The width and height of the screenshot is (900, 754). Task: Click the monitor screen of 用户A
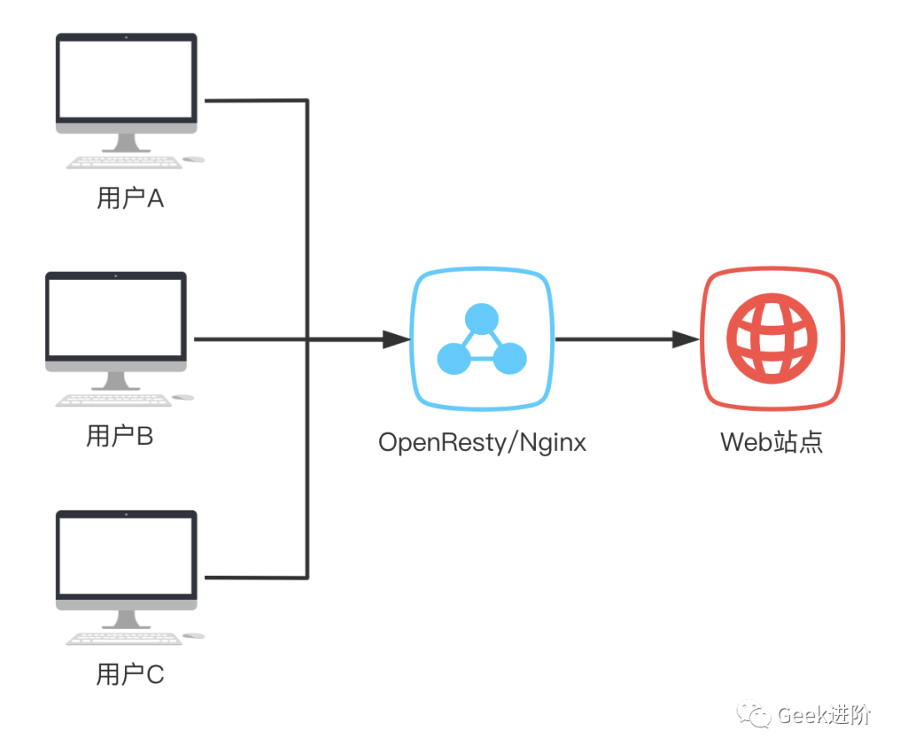click(126, 78)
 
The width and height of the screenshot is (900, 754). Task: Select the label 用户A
click(130, 198)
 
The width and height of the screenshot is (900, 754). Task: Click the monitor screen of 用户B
click(115, 317)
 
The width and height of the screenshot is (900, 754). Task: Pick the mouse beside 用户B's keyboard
click(182, 397)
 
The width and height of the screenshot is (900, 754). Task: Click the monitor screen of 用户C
click(126, 555)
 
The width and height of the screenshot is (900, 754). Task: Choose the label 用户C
click(130, 674)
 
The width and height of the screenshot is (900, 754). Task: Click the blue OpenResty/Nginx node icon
click(482, 340)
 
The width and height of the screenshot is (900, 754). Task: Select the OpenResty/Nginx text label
click(482, 442)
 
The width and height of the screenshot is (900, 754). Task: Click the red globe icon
click(772, 340)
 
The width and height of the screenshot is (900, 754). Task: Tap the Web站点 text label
click(772, 442)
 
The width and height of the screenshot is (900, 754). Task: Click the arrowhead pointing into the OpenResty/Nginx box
click(397, 340)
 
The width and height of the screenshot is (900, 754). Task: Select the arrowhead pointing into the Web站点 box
click(686, 340)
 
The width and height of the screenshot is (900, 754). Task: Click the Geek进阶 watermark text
click(823, 715)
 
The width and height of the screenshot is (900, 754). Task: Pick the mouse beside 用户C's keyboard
click(193, 636)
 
